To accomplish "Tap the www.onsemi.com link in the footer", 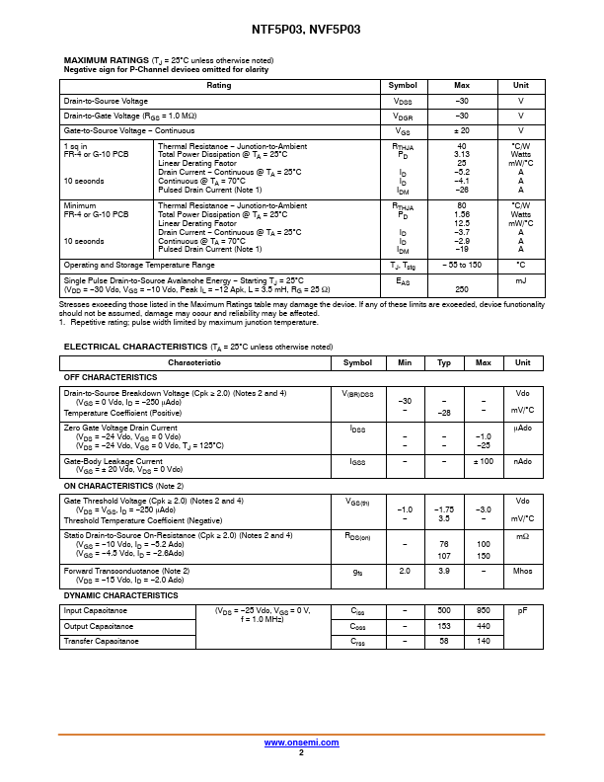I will click(300, 743).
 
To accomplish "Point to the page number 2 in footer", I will click(300, 752).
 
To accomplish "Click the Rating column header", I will click(219, 86).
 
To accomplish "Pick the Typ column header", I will click(444, 363).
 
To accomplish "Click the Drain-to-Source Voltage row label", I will click(106, 102).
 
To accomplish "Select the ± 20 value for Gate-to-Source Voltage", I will click(461, 130).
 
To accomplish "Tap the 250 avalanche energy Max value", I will click(461, 289).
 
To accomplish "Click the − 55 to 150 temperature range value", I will click(461, 266).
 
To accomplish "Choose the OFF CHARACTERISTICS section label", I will click(111, 378).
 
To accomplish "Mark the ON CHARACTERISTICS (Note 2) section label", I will click(123, 486).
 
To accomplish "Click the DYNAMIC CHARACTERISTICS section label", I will click(121, 595).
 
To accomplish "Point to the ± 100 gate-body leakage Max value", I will click(484, 461).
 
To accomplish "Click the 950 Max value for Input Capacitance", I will click(484, 610).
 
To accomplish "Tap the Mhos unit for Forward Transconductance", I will click(523, 571).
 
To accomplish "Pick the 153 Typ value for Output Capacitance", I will click(444, 626).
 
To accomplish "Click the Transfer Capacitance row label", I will click(103, 642).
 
